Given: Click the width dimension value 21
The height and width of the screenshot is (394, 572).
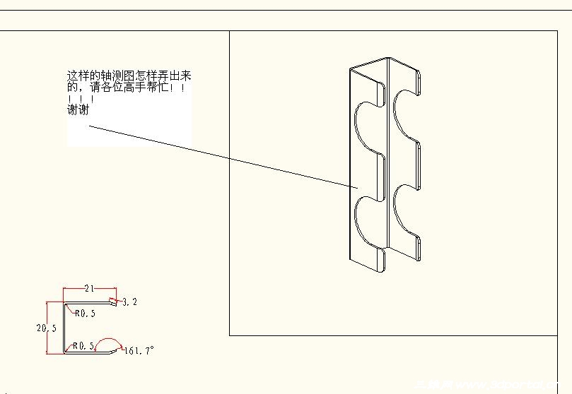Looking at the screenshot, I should coord(89,288).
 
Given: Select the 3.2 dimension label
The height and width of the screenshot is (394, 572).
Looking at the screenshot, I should coord(129,302).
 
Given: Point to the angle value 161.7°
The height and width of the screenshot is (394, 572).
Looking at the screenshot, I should coord(139,350).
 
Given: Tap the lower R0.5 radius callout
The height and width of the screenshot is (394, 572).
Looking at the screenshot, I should coord(83,346).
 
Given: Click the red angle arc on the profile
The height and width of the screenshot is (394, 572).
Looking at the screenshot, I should coord(107,341).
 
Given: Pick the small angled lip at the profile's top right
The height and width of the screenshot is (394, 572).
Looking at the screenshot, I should coord(113,302).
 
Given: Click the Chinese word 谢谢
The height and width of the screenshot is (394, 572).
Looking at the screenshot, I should coord(78,109).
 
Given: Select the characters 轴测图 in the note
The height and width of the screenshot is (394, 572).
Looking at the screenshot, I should coord(112,76).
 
